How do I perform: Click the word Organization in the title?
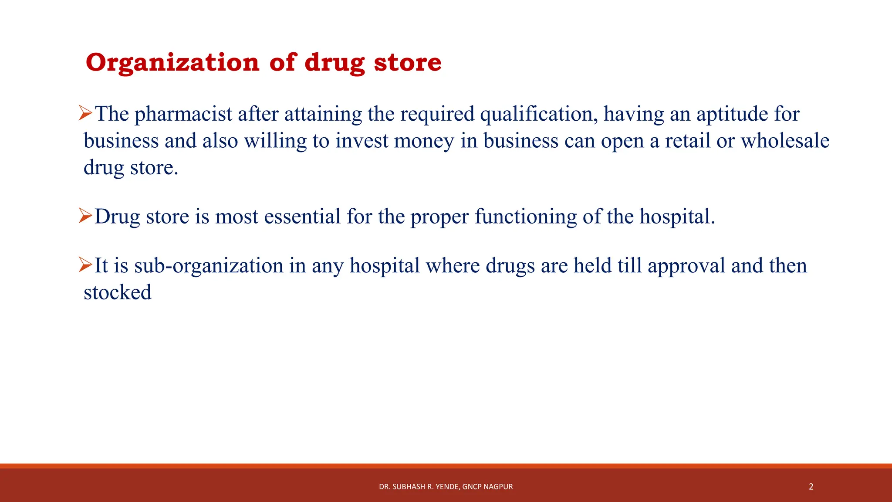click(173, 63)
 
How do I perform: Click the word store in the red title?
click(408, 63)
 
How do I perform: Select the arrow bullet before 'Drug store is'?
click(85, 216)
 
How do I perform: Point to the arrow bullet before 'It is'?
click(85, 265)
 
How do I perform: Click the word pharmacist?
click(183, 114)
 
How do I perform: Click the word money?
click(424, 141)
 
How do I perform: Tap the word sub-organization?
click(209, 266)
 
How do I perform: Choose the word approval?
click(686, 266)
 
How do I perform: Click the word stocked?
click(118, 292)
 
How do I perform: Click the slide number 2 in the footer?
click(811, 487)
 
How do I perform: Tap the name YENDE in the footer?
click(447, 487)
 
